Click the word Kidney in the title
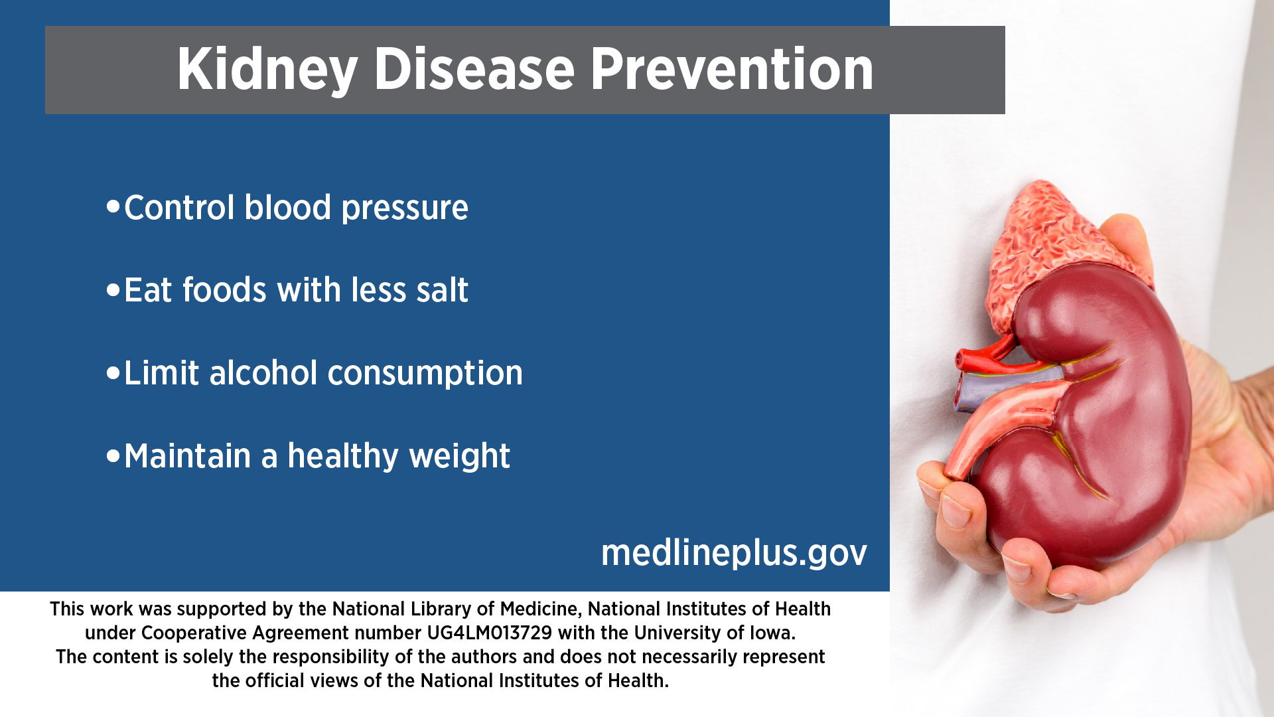[x=267, y=70]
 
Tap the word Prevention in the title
[x=732, y=69]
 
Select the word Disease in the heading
[x=474, y=69]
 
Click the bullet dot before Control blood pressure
[x=113, y=206]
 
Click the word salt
[x=442, y=290]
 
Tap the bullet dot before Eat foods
[x=113, y=289]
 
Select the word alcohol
[x=263, y=372]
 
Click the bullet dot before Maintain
[x=113, y=455]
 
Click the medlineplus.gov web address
[x=734, y=553]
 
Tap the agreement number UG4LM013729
[x=489, y=633]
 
